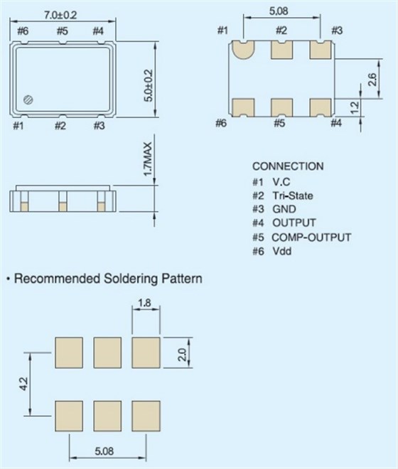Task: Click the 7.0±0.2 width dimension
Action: (60, 15)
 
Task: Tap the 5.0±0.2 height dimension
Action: (149, 85)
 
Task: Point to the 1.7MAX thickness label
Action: (148, 159)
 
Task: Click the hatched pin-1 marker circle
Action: (28, 99)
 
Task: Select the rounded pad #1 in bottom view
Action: (243, 49)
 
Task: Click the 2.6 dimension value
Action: (372, 79)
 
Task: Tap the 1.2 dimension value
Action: (354, 108)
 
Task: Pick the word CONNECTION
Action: (288, 166)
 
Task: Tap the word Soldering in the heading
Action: (130, 279)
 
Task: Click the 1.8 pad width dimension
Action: (144, 303)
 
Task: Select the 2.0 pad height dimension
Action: (182, 354)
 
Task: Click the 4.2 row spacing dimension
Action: (23, 384)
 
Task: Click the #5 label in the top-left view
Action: (63, 31)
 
